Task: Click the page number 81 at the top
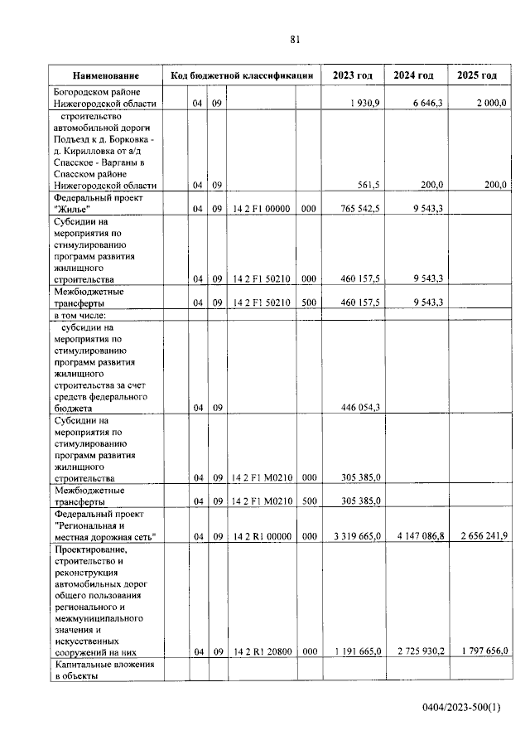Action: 296,39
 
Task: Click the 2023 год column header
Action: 352,75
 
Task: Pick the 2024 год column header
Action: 413,75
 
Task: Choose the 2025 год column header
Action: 477,75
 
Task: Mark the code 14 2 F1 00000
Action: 260,210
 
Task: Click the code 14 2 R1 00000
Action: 260,537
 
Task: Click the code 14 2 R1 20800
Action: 260,651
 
